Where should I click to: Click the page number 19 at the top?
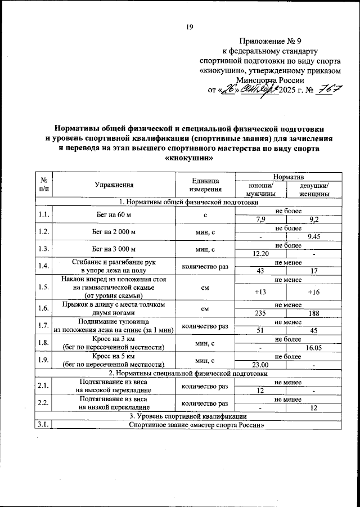[190, 26]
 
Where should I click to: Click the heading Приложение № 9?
[270, 41]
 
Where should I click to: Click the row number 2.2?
[43, 403]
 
